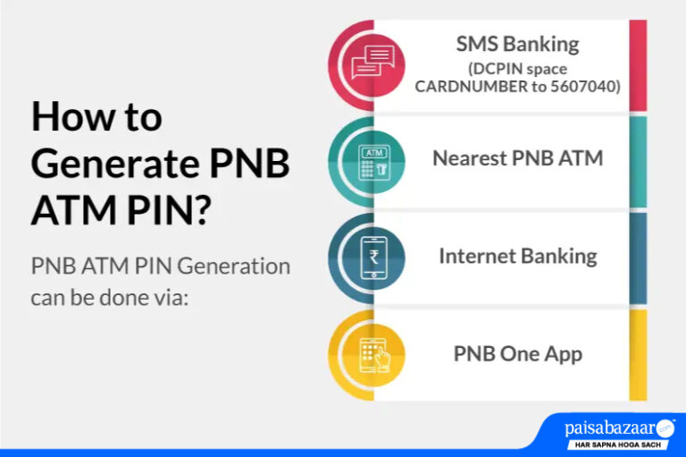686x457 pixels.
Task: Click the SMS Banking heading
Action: (517, 44)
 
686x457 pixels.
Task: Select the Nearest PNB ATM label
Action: (517, 159)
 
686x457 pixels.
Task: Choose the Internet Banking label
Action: (517, 256)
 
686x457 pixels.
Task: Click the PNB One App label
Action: (517, 353)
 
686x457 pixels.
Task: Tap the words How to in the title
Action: (96, 118)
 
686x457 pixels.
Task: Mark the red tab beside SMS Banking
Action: (638, 64)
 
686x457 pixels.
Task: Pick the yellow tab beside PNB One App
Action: (638, 354)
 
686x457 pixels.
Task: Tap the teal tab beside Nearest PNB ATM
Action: (638, 161)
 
